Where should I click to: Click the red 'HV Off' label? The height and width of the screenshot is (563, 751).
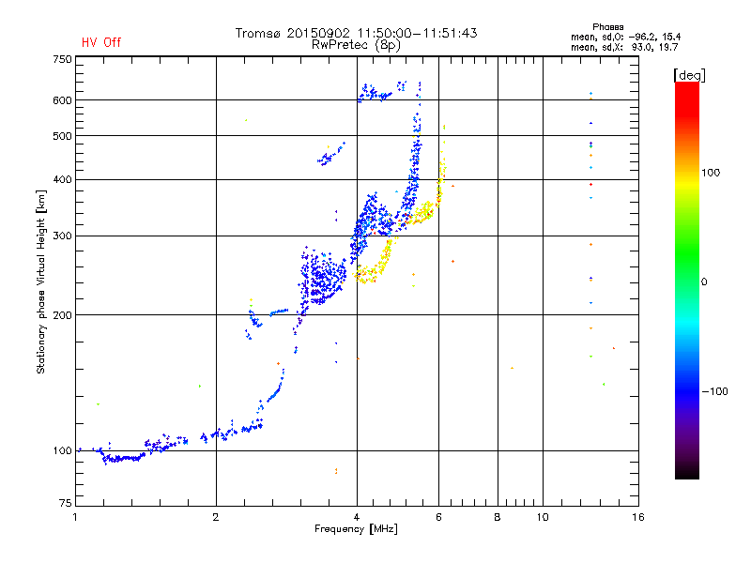[x=100, y=42]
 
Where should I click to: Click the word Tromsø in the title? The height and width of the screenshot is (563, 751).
[x=258, y=33]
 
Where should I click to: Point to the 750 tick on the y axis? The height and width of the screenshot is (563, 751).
[x=62, y=59]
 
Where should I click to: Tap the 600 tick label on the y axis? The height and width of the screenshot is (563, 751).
[x=62, y=100]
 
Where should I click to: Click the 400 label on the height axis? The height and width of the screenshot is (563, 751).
[x=62, y=180]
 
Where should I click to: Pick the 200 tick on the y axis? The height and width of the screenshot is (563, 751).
[x=62, y=315]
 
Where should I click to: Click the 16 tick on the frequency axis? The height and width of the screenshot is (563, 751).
[x=636, y=517]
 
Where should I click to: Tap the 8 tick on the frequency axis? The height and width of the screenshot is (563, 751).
[x=498, y=517]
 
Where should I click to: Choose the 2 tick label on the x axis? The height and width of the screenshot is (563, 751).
[x=216, y=517]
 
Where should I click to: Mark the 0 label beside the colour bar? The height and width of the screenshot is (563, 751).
[x=704, y=281]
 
